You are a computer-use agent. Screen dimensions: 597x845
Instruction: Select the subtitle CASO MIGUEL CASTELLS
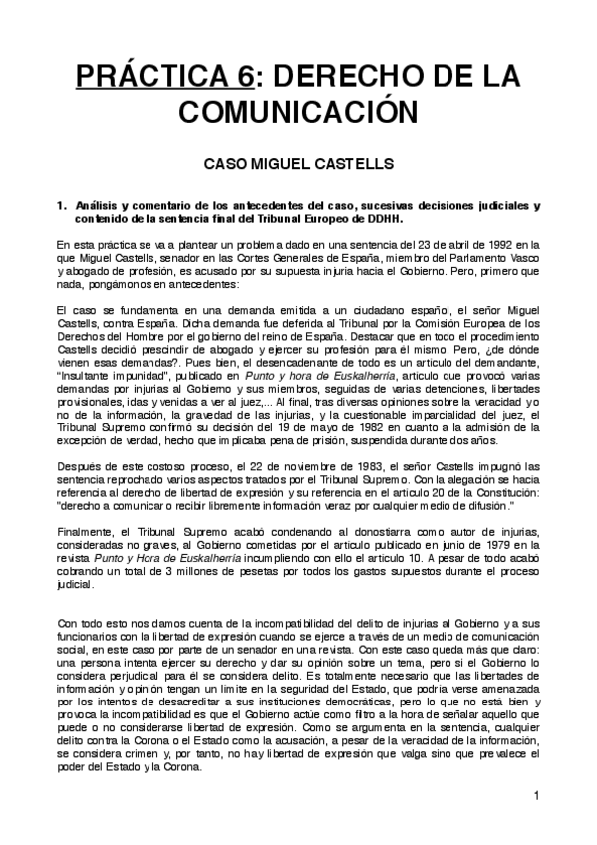point(298,162)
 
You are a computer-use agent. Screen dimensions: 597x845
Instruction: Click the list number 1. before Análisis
point(62,206)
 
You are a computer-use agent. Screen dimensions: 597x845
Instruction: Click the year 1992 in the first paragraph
point(498,244)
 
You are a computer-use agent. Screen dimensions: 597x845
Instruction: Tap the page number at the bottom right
point(535,795)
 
